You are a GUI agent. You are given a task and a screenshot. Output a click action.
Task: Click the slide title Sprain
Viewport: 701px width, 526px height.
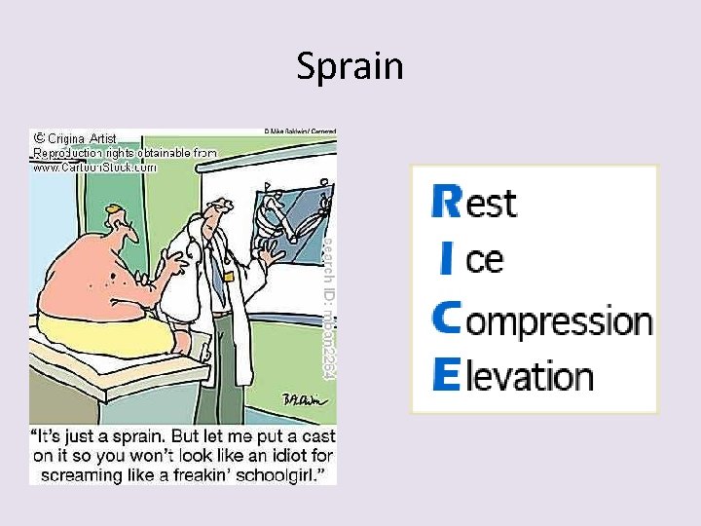(x=350, y=66)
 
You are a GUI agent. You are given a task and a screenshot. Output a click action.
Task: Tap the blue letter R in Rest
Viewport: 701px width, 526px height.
(x=446, y=203)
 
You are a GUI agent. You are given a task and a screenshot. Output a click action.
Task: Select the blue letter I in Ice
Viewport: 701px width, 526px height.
(x=446, y=259)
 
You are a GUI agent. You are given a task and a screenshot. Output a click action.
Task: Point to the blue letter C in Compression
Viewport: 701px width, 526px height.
(x=447, y=318)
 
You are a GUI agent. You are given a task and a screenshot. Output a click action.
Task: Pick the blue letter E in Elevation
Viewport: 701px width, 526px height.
(x=445, y=374)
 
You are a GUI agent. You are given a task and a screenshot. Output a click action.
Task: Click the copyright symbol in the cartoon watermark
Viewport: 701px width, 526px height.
(x=39, y=138)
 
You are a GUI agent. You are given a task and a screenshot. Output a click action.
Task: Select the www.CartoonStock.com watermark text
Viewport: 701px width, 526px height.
(x=94, y=167)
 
